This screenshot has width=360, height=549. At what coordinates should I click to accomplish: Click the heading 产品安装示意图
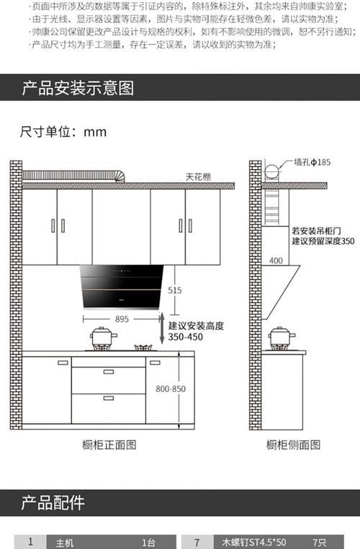coord(78,88)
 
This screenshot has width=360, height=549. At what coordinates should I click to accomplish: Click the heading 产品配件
coord(53,503)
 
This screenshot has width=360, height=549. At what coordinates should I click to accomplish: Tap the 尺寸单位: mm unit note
coord(63,132)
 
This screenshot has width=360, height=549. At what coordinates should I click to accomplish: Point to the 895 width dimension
coord(122,319)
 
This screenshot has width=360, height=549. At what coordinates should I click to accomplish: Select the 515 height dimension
coord(174,290)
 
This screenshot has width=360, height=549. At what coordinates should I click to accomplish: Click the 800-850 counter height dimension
coord(171,388)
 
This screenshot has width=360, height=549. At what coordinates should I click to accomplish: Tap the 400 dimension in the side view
coord(276,261)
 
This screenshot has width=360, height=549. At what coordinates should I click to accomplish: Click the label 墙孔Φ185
coord(312,162)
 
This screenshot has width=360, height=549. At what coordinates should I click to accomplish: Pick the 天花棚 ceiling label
coord(199,177)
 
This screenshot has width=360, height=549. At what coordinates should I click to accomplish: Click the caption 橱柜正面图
coord(109,445)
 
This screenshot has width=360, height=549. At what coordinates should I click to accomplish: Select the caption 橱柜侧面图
coord(293,445)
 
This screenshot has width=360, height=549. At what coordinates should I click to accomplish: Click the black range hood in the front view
coord(122,287)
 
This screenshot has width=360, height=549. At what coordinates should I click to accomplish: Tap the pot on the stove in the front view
coord(103,337)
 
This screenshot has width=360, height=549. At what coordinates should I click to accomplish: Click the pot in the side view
coord(282,337)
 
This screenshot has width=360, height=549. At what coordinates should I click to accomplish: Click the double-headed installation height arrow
coord(161,328)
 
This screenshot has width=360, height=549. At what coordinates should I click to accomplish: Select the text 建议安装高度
coord(196,326)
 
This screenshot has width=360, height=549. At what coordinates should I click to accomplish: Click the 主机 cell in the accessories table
coord(65,543)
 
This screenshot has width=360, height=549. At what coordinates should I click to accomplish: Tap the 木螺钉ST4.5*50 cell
coord(253,543)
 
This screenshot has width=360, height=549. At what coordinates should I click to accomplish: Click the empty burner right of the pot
coord(144,348)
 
